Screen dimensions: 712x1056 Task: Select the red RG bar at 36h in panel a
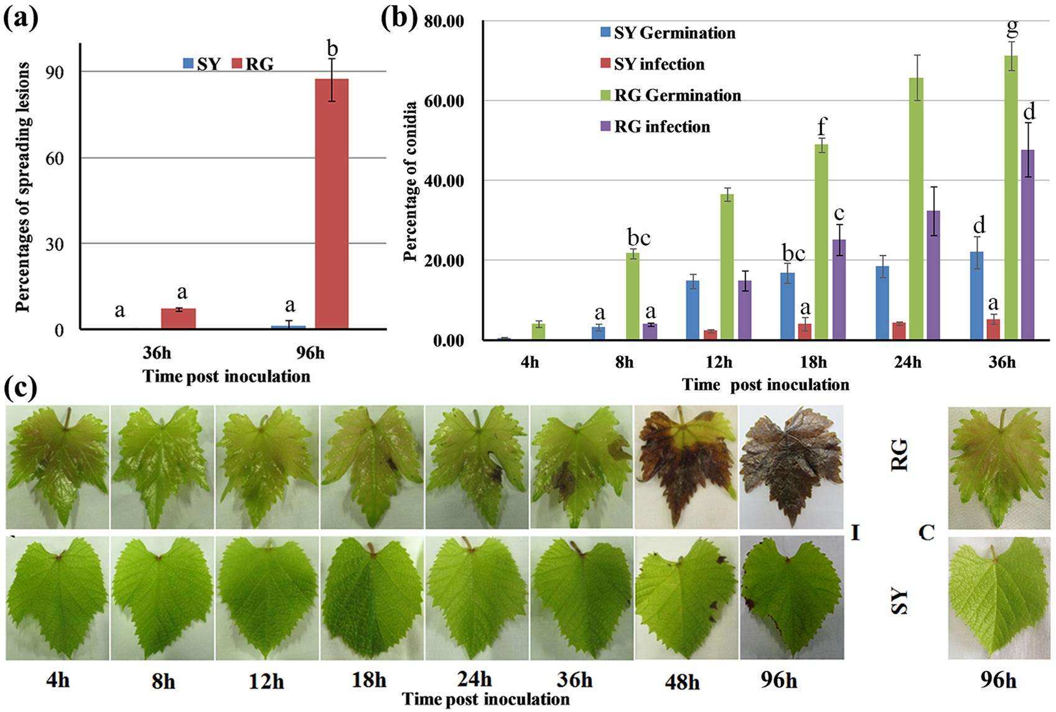click(179, 318)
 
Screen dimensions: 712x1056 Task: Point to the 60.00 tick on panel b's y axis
click(443, 101)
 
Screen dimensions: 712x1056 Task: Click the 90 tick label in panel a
click(55, 72)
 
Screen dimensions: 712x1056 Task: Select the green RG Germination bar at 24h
click(916, 209)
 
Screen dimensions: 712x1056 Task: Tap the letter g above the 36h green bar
click(1012, 26)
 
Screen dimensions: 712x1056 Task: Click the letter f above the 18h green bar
click(821, 126)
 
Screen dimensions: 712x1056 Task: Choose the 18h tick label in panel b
click(813, 361)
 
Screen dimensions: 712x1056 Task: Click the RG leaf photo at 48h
click(686, 468)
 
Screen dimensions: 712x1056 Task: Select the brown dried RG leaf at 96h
click(791, 468)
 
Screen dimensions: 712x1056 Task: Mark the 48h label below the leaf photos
click(682, 682)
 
